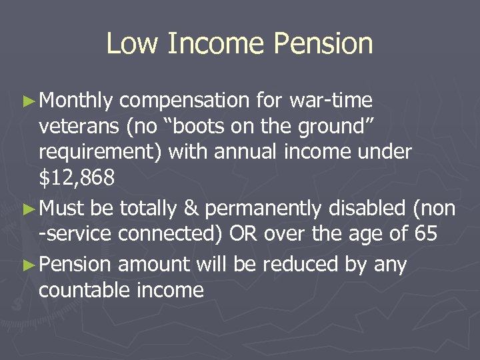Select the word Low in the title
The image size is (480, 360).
[x=130, y=44]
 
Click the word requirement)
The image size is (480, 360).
[x=101, y=153]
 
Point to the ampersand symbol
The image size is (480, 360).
[x=191, y=209]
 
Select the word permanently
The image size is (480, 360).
[x=263, y=209]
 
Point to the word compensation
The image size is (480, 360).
[x=184, y=101]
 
